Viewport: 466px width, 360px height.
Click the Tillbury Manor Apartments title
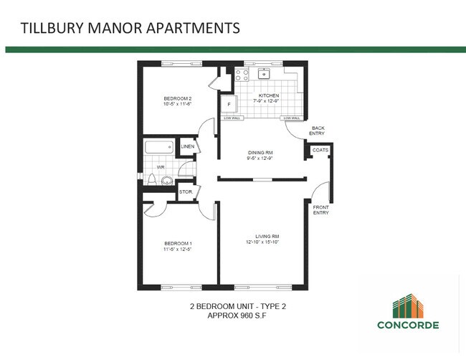coord(129,29)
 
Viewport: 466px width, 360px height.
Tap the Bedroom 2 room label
coord(178,98)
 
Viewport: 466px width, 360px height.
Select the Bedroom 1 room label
coord(179,244)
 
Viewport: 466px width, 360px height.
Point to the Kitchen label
coord(269,95)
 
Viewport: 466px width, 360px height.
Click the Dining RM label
coord(260,153)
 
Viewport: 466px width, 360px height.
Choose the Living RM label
coord(267,236)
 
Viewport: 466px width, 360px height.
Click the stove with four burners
coord(242,75)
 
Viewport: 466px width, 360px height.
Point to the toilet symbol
coord(166,180)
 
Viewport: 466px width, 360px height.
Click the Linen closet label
coord(188,147)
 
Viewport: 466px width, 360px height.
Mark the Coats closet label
coord(320,150)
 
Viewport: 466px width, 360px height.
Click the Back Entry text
coord(317,131)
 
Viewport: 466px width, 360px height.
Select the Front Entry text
coord(321,210)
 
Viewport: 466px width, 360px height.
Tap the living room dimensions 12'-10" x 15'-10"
coord(267,242)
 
